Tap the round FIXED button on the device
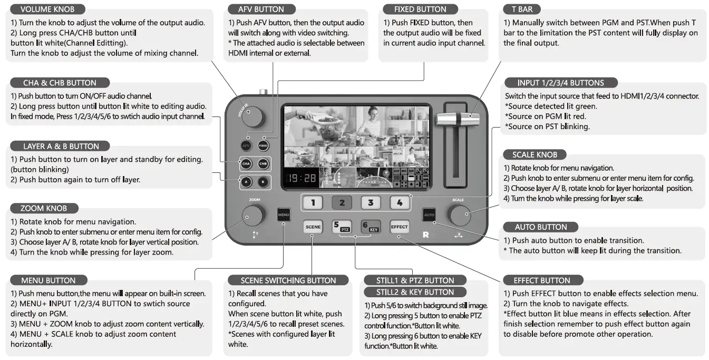263,145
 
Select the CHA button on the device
246,164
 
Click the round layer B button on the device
263,182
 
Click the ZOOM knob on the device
252,215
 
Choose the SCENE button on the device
313,227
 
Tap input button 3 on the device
371,202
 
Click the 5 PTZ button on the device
342,227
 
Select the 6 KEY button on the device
371,227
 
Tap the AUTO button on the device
429,215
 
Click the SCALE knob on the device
458,215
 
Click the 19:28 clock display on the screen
302,178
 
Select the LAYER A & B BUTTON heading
61,146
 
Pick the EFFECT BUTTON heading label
541,280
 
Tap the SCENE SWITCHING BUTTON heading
288,280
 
